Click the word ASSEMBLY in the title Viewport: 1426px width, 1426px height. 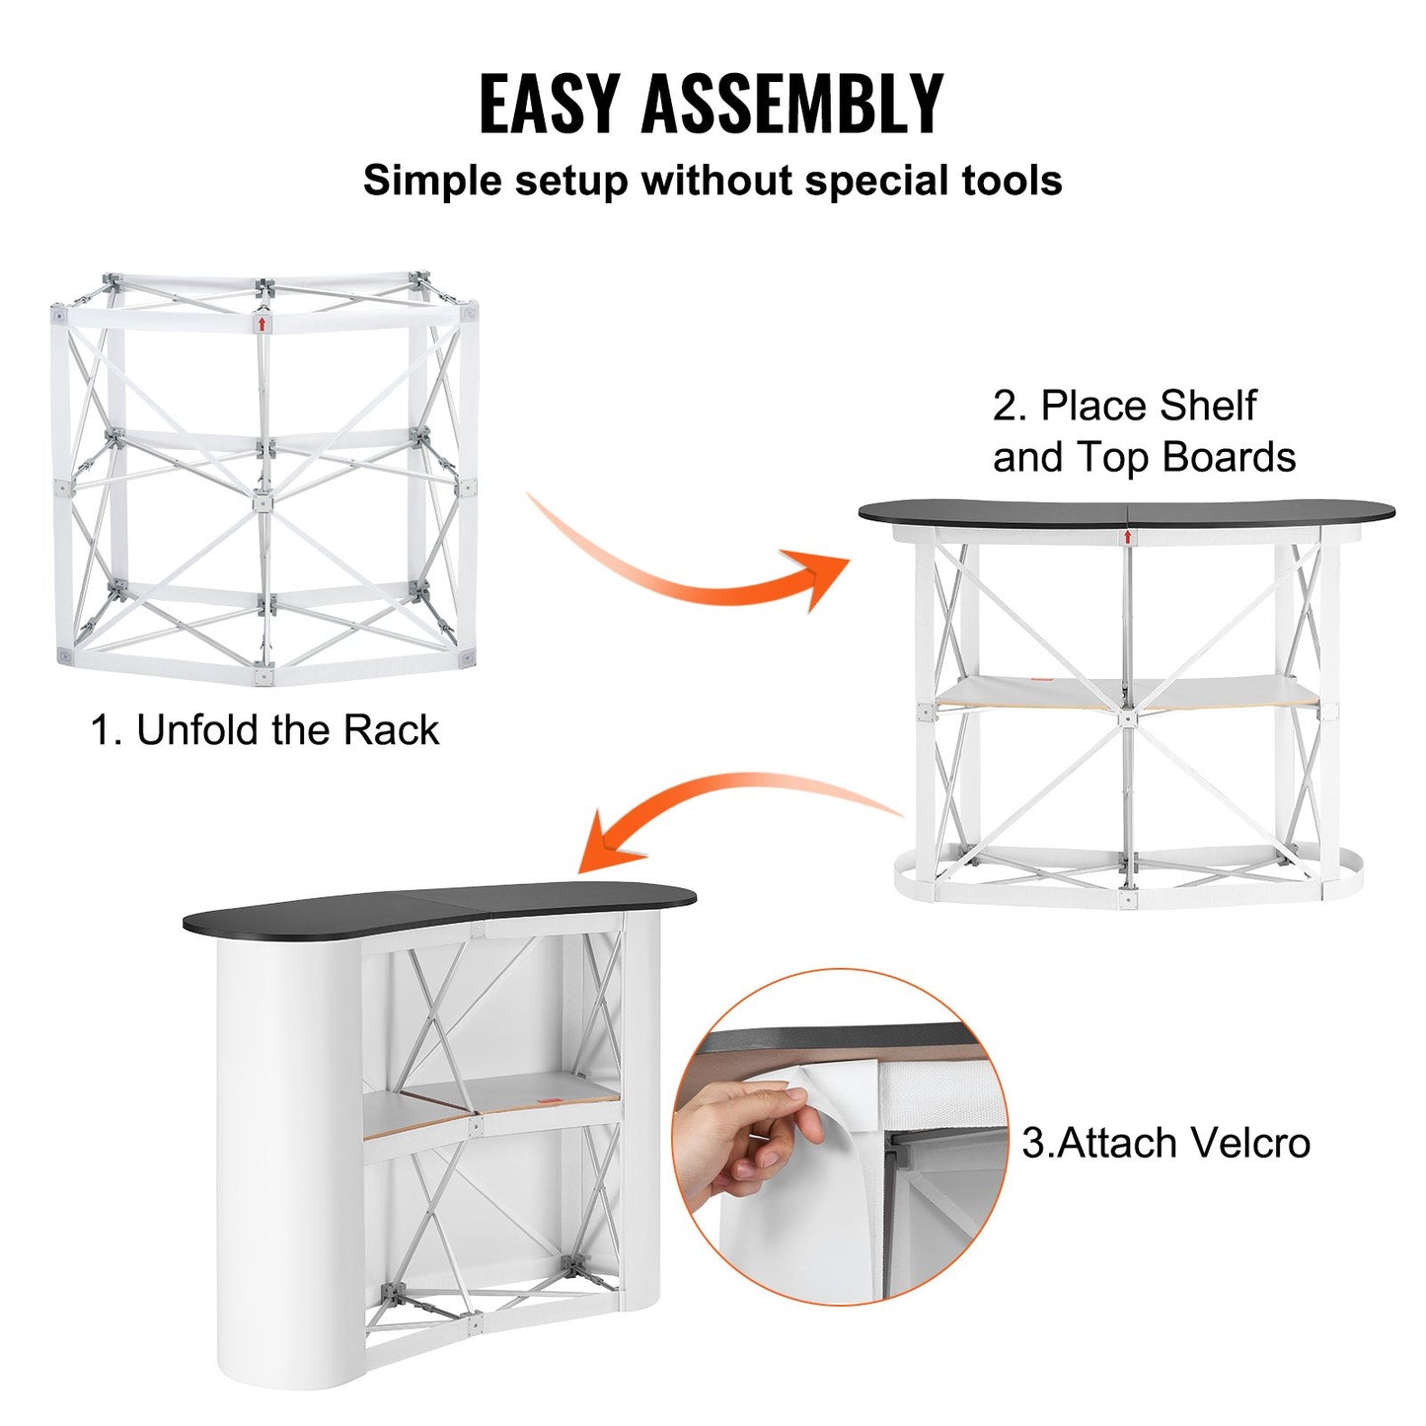[x=792, y=104]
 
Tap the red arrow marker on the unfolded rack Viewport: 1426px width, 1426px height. [x=262, y=323]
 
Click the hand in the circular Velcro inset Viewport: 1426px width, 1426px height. [x=750, y=1125]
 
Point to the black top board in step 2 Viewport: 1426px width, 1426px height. [x=1125, y=512]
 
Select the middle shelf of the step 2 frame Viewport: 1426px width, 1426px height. [x=1125, y=692]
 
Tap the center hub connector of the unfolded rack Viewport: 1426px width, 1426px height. [x=263, y=503]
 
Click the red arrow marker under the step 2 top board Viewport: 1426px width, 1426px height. [x=1127, y=536]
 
